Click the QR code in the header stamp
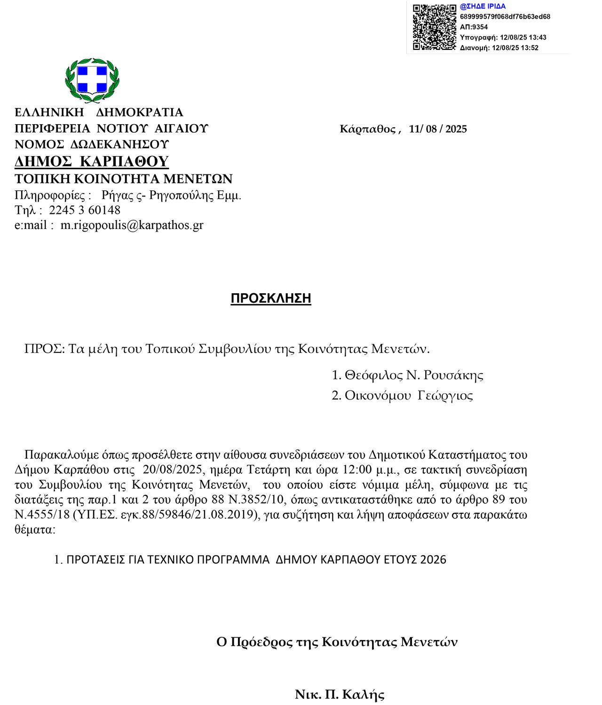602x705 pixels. click(x=434, y=27)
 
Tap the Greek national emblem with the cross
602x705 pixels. click(x=92, y=80)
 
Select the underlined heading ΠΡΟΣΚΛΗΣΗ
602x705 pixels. click(x=271, y=298)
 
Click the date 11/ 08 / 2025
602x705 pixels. click(x=437, y=129)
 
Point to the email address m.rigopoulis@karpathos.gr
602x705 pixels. click(x=132, y=225)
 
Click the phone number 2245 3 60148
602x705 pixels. click(x=85, y=210)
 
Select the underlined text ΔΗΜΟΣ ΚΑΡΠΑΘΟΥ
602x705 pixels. click(x=92, y=161)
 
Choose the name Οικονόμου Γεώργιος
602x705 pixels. click(x=409, y=396)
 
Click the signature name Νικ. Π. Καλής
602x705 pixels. click(x=340, y=694)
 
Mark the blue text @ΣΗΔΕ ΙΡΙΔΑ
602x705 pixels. click(x=483, y=7)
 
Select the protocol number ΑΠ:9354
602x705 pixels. click(x=474, y=27)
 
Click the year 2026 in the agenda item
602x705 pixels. click(x=433, y=559)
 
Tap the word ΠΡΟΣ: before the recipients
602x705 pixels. click(x=44, y=349)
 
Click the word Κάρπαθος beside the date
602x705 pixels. click(x=368, y=129)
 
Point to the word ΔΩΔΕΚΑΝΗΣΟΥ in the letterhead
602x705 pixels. click(x=119, y=144)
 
